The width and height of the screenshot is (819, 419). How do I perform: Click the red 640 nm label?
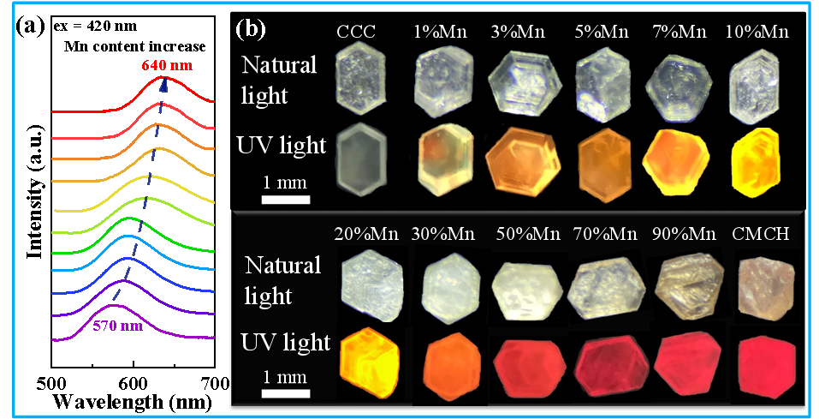168,63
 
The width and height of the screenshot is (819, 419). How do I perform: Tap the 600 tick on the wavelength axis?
134,381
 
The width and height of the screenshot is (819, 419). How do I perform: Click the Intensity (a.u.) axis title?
35,195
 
